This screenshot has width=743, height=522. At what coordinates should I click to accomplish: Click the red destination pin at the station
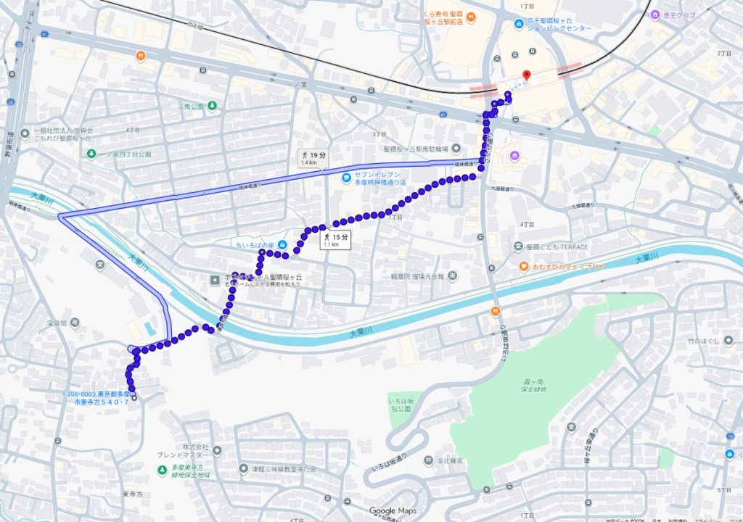(527, 75)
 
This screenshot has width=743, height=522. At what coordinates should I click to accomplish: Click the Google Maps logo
(392, 510)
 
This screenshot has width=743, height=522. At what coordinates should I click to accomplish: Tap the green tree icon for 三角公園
(212, 107)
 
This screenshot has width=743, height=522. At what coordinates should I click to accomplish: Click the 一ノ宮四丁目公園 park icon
(91, 154)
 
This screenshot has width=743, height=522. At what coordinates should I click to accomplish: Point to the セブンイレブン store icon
(348, 177)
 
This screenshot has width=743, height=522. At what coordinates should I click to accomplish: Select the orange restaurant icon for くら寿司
(469, 17)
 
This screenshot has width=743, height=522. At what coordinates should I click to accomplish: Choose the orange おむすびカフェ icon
(523, 267)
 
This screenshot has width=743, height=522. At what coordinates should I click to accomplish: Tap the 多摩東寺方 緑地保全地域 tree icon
(161, 470)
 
